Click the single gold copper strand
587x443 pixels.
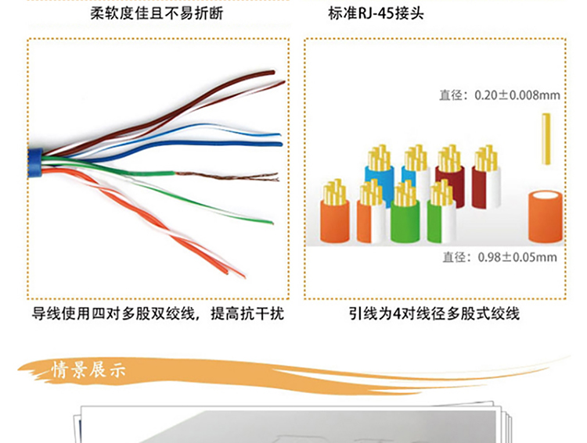pos(546,139)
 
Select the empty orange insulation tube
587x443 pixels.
pos(545,216)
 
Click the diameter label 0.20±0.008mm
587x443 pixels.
pos(500,95)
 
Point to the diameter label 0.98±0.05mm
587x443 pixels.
pos(499,257)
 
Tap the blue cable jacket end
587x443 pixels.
pos(34,160)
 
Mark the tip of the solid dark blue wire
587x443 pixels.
pos(279,144)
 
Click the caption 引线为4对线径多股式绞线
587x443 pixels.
pos(434,315)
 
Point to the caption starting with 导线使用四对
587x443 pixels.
pos(157,315)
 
